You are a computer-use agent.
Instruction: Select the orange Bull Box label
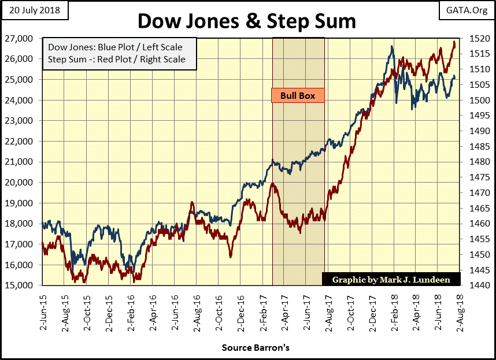(x=298, y=95)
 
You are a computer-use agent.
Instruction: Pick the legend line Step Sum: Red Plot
(x=116, y=59)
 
